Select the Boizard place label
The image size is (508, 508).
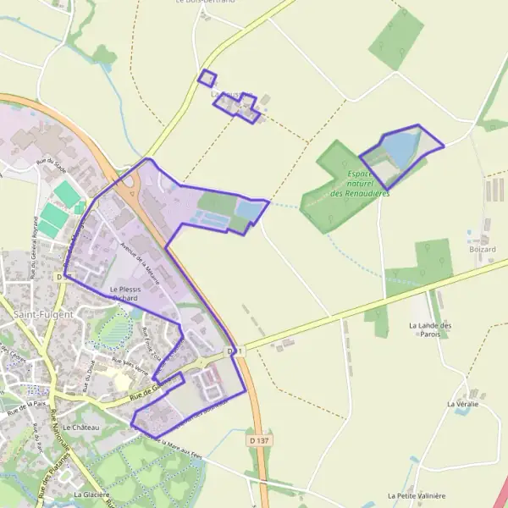481,249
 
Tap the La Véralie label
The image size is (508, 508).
462,404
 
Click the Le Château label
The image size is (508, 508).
81,428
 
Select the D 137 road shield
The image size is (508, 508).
259,440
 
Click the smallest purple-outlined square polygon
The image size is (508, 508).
207,78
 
